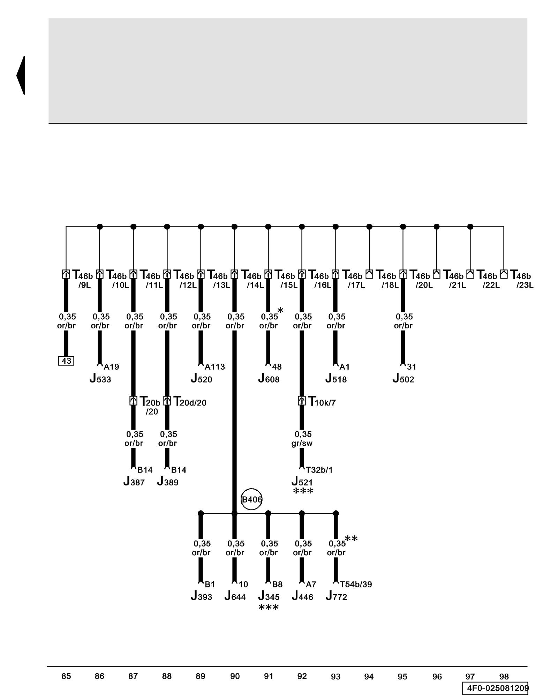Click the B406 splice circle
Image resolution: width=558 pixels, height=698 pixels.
pos(251,499)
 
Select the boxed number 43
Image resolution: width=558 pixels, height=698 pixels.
pos(66,361)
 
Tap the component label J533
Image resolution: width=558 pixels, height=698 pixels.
pos(100,379)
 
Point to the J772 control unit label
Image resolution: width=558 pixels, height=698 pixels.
pos(337,596)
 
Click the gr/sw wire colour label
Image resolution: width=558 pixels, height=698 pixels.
pos(302,443)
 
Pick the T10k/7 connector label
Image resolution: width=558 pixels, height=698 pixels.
pos(322,402)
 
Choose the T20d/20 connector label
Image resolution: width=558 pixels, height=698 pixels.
pos(190,402)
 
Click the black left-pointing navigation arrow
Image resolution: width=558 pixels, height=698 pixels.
pos(21,75)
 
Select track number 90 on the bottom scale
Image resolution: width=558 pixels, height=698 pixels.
pos(235,676)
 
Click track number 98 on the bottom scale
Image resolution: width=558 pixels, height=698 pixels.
pos(504,676)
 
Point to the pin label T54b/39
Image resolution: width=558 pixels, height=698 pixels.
pos(356,584)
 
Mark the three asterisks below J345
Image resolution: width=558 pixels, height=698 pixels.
pos(269,608)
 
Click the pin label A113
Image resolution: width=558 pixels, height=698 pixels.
pos(215,367)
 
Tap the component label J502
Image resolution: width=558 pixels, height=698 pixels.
pos(404,379)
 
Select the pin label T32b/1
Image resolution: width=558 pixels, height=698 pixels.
pos(319,470)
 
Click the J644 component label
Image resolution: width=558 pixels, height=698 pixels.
pos(235,596)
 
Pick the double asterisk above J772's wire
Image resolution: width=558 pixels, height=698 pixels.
pos(351,539)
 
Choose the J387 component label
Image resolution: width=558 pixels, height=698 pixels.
pos(134,482)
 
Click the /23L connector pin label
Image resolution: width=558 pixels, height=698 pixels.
pos(525,285)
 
